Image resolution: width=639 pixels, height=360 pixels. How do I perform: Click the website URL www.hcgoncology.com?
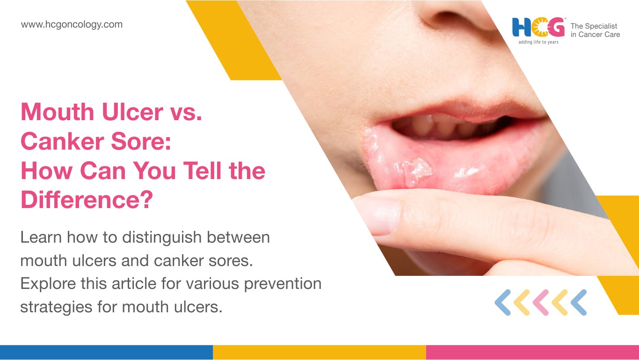(72, 25)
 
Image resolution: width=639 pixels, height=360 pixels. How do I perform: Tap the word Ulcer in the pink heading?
(132, 112)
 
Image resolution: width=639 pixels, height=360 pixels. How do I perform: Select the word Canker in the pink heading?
(62, 141)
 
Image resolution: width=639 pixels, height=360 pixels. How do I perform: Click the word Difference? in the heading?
(87, 200)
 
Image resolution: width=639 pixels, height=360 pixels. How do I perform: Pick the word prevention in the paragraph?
(283, 284)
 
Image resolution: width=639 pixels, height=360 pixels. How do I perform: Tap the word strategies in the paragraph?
(56, 307)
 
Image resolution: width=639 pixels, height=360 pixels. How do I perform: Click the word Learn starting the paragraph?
(41, 238)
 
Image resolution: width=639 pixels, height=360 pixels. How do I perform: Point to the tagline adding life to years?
(538, 42)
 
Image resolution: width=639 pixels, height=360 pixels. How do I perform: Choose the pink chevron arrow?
(541, 302)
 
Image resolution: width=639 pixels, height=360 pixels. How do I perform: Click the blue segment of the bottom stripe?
(106, 353)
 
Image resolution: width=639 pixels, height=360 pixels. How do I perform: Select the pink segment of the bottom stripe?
(533, 353)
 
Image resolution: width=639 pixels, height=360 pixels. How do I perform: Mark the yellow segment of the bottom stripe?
(319, 353)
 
